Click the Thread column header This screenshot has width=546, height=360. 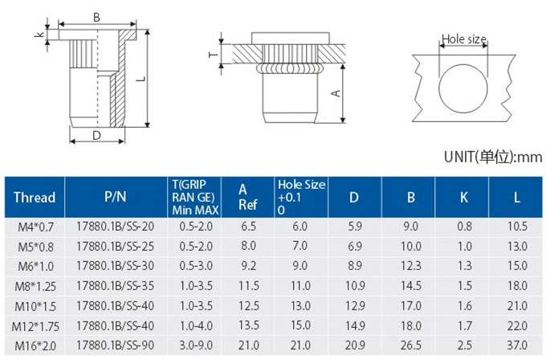pos(35,197)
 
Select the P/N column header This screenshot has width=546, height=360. pos(116,197)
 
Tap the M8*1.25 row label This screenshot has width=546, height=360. pos(35,286)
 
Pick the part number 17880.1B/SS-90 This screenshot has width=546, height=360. pos(116,345)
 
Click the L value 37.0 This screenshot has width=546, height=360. pos(517,345)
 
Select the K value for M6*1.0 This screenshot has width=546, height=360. pos(464,266)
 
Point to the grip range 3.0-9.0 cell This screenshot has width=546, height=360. pos(196,345)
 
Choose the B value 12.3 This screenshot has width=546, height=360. pos(411,266)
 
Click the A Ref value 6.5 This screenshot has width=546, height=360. pos(249,226)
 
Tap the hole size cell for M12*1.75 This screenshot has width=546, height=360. pos(300,325)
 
